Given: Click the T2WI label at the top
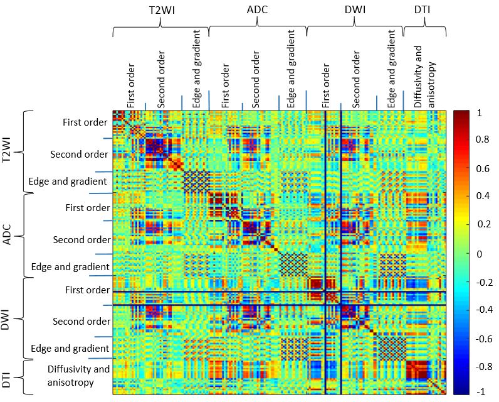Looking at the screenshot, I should [161, 11].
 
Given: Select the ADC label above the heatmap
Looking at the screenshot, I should [258, 11].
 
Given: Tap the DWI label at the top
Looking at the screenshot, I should [355, 11].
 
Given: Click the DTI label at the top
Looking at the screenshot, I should [424, 11].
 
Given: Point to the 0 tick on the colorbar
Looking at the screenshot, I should [480, 254].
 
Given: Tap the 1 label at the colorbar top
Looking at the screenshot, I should [480, 114].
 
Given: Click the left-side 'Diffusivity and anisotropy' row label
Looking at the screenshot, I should [78, 375].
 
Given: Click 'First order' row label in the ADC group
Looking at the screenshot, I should [88, 207].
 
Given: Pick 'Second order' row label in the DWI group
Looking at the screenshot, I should [81, 321].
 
